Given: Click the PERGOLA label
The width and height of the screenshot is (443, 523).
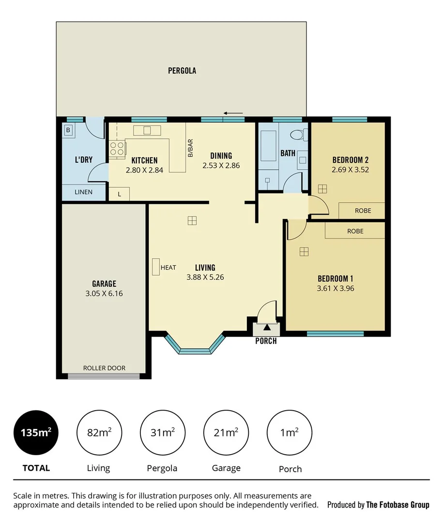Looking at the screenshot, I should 182,71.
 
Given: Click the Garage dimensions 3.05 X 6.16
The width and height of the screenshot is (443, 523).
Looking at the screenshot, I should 104,293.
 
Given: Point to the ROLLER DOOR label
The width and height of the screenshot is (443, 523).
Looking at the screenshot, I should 104,368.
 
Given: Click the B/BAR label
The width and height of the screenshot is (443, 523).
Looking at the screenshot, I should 190,148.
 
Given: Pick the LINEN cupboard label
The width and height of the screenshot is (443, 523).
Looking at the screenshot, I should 83,192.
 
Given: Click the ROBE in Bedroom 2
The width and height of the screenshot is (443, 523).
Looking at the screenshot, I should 363,211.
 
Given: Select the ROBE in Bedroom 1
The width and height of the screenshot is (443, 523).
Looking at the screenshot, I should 355,231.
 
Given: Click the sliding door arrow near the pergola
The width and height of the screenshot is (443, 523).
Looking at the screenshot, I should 234,113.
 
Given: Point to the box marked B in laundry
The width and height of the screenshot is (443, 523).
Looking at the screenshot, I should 68,130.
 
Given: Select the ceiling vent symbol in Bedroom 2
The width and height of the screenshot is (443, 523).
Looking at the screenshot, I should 322,188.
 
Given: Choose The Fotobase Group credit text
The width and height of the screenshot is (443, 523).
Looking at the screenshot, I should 378,505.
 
